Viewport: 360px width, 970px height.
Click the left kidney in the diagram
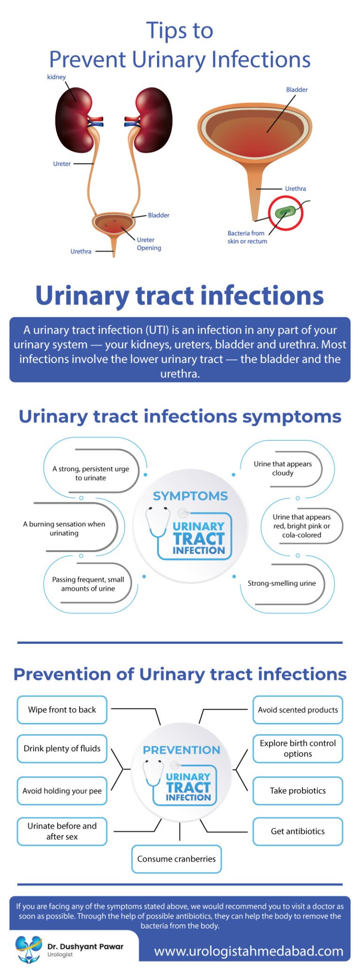[73, 120]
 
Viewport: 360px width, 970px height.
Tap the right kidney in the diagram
[154, 120]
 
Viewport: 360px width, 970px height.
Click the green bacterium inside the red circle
[285, 212]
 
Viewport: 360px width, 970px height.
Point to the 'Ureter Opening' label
[149, 244]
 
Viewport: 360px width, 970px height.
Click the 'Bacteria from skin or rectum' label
[247, 237]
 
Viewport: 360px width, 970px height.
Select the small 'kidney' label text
[56, 77]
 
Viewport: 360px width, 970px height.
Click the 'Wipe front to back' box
[62, 709]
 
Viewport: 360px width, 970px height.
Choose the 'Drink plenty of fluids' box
[62, 748]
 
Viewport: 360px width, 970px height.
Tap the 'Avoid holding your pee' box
[62, 791]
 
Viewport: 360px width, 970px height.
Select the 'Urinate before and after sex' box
[62, 831]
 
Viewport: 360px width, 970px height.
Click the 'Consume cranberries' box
[176, 859]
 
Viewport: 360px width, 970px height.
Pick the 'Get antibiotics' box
[298, 831]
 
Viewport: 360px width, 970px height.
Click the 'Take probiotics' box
[298, 791]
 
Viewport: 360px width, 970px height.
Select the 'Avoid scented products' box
[298, 709]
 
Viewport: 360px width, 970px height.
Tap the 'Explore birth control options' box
[298, 748]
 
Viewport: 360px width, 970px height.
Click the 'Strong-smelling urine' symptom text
[282, 583]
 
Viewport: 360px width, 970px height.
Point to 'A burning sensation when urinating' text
[64, 529]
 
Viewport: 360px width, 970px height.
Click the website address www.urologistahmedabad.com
[248, 951]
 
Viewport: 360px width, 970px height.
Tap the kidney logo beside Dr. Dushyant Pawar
[28, 948]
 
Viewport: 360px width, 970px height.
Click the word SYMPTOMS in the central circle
[190, 496]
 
